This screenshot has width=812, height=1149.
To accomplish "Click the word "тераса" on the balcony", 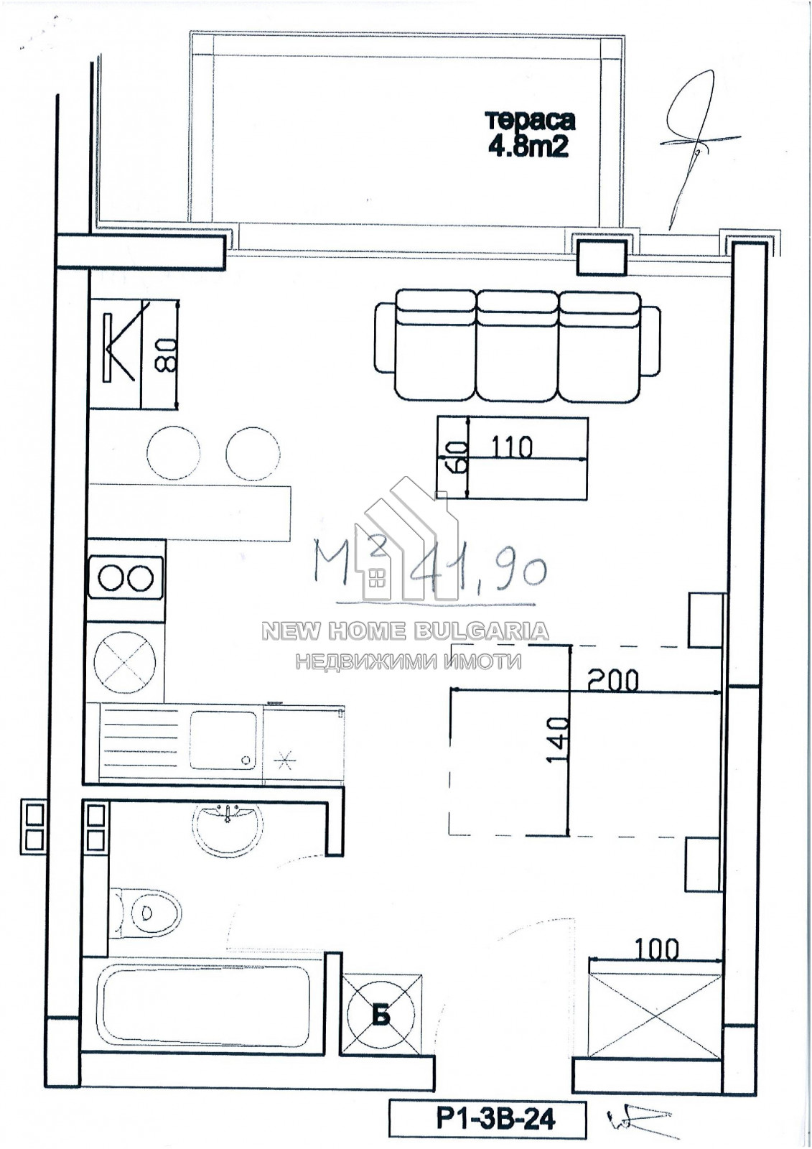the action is pyautogui.click(x=531, y=121).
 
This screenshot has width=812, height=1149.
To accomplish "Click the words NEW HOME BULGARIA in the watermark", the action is pyautogui.click(x=405, y=631).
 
